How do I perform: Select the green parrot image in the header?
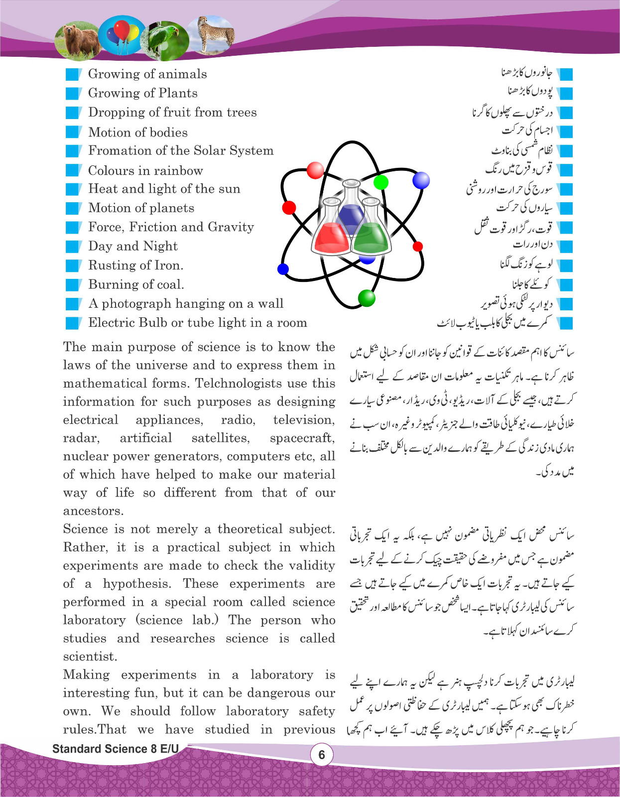(165, 37)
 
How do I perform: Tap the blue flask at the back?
(351, 209)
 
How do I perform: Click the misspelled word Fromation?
(116, 150)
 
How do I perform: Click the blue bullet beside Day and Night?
(73, 247)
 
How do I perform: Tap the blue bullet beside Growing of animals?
(73, 74)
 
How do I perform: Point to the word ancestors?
(93, 511)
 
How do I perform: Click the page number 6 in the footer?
(321, 755)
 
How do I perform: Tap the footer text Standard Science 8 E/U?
(115, 749)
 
